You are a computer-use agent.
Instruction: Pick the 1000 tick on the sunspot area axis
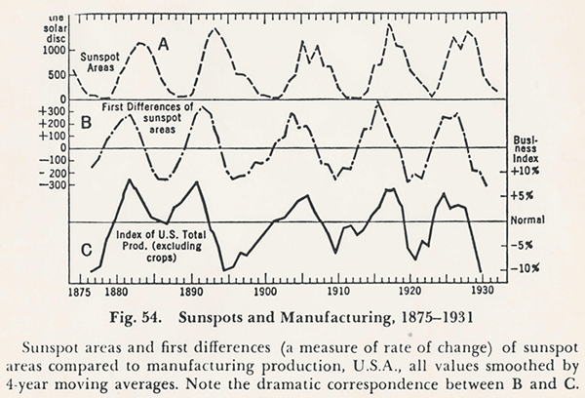pos(53,49)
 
